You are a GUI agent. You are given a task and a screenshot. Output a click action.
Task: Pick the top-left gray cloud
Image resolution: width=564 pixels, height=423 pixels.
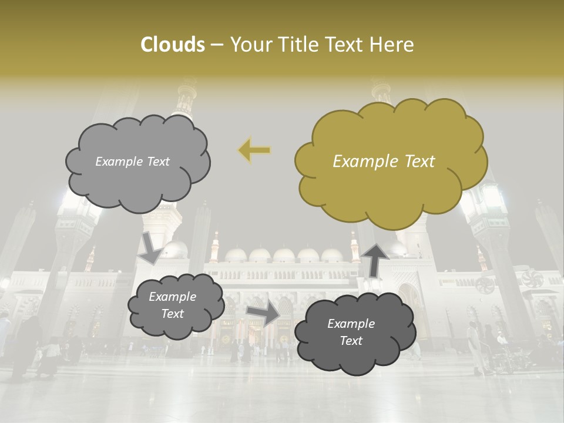(x=138, y=182)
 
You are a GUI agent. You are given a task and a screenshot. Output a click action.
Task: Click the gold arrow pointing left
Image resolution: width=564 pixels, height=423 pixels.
(x=254, y=150)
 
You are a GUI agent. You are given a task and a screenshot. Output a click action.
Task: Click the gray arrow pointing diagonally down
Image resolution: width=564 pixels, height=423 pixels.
(x=150, y=247)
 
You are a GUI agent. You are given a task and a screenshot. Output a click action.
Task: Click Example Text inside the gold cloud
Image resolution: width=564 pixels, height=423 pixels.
(x=384, y=162)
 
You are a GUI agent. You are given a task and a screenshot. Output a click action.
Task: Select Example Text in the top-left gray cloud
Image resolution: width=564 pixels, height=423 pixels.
(x=132, y=162)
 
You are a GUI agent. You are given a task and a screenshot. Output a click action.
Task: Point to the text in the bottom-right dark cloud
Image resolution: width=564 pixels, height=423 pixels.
(x=351, y=332)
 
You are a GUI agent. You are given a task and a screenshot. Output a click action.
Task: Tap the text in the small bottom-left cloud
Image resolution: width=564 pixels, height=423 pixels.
(x=172, y=305)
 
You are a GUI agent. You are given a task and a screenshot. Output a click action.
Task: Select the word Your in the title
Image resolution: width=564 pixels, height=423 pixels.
(x=249, y=45)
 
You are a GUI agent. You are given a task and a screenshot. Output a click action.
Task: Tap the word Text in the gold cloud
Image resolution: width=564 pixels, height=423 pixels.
(x=419, y=162)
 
